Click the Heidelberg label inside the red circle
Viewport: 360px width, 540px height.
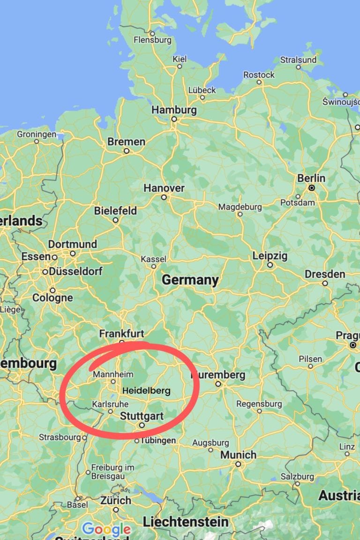coord(146,390)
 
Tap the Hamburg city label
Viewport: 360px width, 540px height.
coord(174,110)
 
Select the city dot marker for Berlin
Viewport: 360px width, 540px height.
coord(311,187)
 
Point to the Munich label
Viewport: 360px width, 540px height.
coord(238,455)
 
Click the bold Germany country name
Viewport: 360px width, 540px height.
coord(190,280)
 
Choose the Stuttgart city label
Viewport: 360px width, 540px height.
coord(142,416)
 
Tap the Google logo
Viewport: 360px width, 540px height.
coord(106,529)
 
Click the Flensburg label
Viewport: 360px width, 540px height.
coord(152,40)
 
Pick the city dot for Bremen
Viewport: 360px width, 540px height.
coord(126,151)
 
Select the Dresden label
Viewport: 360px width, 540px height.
coord(325,274)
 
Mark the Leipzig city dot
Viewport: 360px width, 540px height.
coord(270,265)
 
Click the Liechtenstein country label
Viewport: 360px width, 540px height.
coord(186,521)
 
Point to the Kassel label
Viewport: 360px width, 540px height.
coord(153,259)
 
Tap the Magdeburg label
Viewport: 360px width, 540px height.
coord(240,207)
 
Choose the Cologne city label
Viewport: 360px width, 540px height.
coord(52,298)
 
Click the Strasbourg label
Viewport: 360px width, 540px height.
coord(60,437)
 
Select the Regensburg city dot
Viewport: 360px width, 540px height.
coord(259,411)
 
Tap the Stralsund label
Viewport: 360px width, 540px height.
coord(298,60)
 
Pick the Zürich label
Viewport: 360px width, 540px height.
coord(115,500)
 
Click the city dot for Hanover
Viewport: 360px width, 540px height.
coord(164,197)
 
